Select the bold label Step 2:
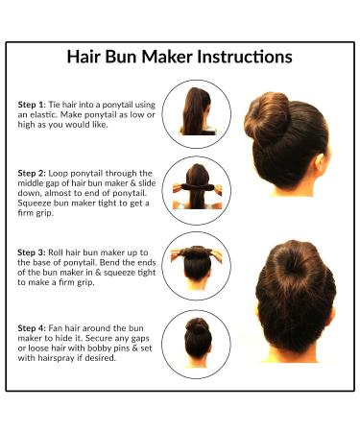pos(34,173)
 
